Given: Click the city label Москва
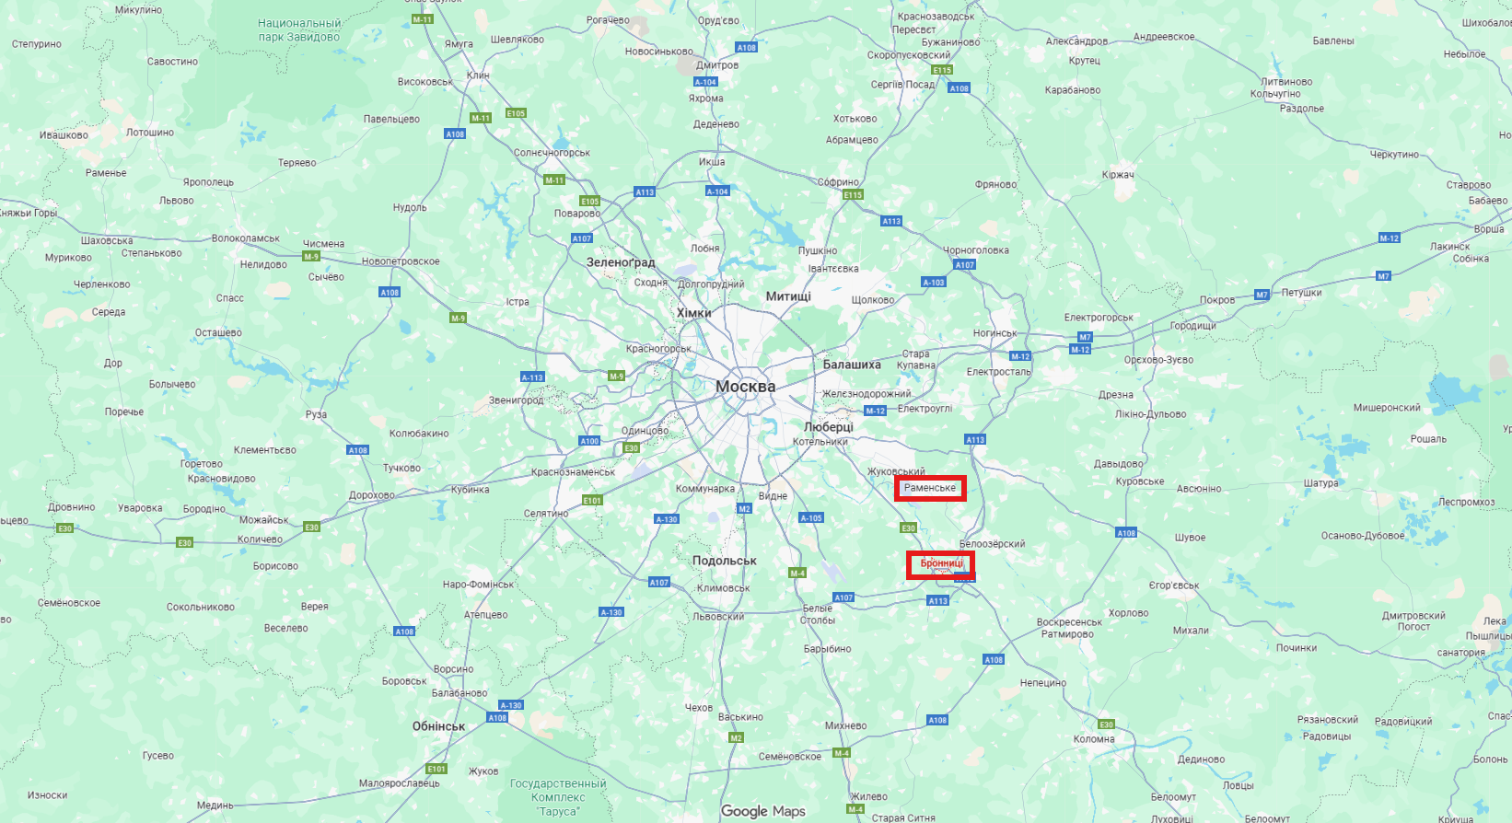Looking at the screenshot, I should (745, 387).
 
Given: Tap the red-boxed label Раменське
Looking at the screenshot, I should (930, 488).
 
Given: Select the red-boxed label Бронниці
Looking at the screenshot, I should (941, 563).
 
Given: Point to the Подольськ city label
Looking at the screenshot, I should (725, 561).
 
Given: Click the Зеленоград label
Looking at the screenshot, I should (621, 262).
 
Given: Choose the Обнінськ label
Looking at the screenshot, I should (438, 726).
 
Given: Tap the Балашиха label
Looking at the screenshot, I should (852, 365).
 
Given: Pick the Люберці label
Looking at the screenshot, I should (829, 427).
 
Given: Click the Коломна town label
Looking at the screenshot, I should (1094, 739).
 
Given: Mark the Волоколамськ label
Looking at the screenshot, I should (246, 238).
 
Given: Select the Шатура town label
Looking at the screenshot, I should (1320, 483).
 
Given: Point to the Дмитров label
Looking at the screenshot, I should (717, 65).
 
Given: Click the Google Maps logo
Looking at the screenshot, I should (762, 811).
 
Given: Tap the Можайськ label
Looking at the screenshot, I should (264, 520).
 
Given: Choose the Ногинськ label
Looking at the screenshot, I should (994, 333).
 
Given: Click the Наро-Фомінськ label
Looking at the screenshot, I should (478, 585).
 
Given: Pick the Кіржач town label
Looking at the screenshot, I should (1118, 175).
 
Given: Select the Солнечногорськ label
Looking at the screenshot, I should (552, 153).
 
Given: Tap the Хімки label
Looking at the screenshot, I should (694, 313).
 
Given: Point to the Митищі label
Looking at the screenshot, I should (788, 296).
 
